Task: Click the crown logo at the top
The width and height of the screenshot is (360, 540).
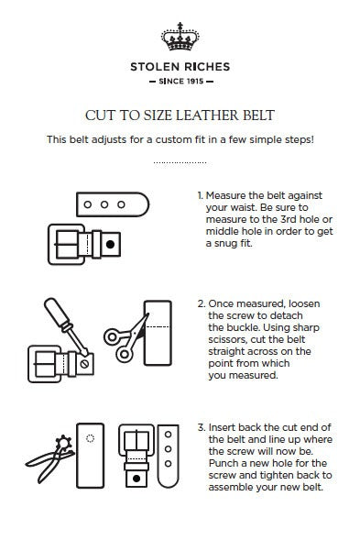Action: (180, 37)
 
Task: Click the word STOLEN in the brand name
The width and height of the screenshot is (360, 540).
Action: (155, 67)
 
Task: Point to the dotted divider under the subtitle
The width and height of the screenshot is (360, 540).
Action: (180, 162)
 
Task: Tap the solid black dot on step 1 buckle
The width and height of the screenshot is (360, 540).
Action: (110, 244)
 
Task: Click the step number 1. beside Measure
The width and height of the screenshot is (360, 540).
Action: (200, 195)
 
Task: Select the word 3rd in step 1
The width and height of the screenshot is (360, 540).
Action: (289, 219)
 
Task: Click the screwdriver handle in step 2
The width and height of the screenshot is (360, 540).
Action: (55, 310)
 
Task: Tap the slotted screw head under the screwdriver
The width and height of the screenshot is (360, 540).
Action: (84, 364)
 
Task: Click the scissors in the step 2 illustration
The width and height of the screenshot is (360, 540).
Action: (126, 338)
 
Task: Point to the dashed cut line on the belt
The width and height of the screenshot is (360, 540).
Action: (158, 326)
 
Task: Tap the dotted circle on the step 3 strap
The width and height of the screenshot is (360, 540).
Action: (90, 438)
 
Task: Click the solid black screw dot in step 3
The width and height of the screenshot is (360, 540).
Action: (136, 479)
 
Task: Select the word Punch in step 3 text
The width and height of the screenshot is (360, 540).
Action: (224, 463)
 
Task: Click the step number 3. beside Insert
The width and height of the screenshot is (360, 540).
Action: (201, 428)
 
